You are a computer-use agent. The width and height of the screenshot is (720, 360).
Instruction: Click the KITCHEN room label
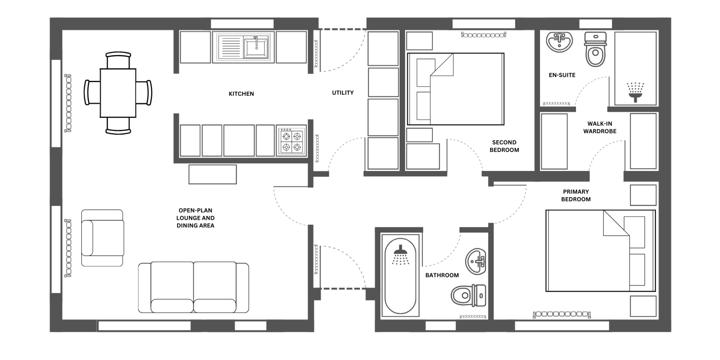[x=241, y=94]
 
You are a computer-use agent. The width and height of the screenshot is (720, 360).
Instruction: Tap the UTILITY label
[x=343, y=93]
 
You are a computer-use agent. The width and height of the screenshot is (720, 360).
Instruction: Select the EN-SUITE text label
[x=562, y=75]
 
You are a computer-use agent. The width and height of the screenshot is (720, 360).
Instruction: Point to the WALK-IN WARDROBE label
[x=600, y=127]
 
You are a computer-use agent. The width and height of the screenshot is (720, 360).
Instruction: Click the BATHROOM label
[x=442, y=275]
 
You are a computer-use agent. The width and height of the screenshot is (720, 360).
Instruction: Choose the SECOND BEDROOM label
[x=504, y=146]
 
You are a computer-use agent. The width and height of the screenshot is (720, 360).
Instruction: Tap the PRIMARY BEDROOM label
[x=576, y=195]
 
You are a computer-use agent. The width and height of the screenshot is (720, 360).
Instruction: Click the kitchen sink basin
[x=256, y=47]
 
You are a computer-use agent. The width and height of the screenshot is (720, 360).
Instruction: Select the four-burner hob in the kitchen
[x=292, y=141]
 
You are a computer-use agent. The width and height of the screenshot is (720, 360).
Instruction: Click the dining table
[x=118, y=93]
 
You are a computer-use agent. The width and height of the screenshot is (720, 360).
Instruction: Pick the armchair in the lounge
[x=102, y=238]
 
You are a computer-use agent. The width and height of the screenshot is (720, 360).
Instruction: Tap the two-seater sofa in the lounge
[x=193, y=288]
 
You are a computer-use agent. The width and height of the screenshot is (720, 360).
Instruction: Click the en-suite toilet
[x=595, y=49]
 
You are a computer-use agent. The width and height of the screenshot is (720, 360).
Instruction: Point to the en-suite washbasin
[x=559, y=42]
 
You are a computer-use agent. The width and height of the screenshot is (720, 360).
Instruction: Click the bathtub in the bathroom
[x=400, y=276]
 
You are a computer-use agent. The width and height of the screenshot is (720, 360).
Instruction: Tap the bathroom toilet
[x=468, y=295]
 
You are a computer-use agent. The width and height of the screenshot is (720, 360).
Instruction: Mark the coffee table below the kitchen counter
[x=213, y=174]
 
